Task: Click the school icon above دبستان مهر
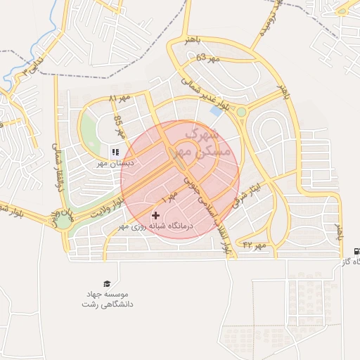click(x=115, y=151)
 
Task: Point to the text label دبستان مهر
click(x=115, y=164)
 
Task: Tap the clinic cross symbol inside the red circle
click(x=155, y=214)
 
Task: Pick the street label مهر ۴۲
click(x=256, y=245)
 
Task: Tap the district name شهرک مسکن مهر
click(x=199, y=141)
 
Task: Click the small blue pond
click(x=216, y=110)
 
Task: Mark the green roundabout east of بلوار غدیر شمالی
click(x=241, y=112)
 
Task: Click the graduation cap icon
click(x=105, y=282)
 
